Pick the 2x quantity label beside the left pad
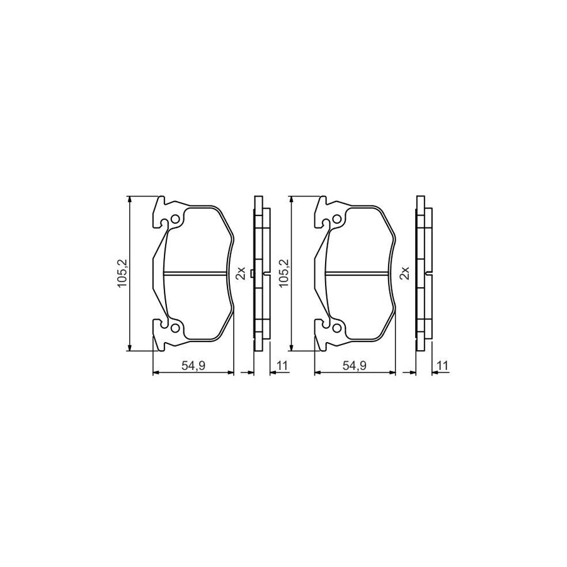click(x=240, y=273)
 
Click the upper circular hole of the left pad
click(x=176, y=219)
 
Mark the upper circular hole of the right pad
click(x=337, y=219)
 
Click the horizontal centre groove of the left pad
click(x=195, y=273)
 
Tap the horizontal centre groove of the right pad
click(x=356, y=273)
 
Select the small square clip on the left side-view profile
click(x=252, y=273)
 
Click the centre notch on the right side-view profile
click(x=428, y=273)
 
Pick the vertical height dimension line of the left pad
click(x=130, y=302)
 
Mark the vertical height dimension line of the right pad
click(x=291, y=302)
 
